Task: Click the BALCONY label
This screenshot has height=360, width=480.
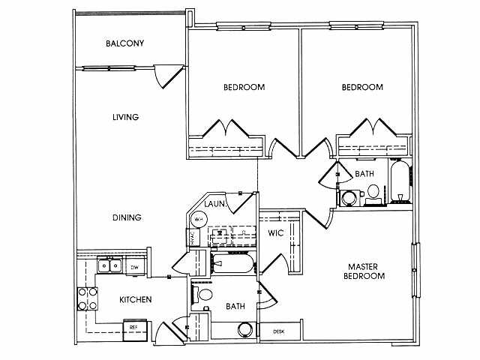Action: coord(124,43)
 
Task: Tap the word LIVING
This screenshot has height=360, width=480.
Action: coord(125,117)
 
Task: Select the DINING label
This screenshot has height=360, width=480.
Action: coord(127,217)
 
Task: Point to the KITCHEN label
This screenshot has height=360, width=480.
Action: coord(136,300)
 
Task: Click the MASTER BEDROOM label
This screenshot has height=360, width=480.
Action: coord(366,271)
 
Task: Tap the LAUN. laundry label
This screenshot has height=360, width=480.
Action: coord(216,203)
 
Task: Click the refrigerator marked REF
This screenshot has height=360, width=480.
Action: coord(134,328)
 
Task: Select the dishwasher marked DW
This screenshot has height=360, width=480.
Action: coord(135,267)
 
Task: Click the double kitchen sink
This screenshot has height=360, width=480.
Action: coord(109,265)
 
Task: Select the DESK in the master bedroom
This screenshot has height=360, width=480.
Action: coord(278,331)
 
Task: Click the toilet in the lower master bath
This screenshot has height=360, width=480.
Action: coord(204,293)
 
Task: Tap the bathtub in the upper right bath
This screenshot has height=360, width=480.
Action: coord(399,184)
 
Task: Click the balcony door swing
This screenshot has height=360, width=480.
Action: coord(166,76)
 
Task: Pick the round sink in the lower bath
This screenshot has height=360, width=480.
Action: coord(243,329)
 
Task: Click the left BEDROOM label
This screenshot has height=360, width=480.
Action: coord(244,88)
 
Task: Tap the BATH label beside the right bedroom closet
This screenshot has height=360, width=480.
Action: coord(364,174)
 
